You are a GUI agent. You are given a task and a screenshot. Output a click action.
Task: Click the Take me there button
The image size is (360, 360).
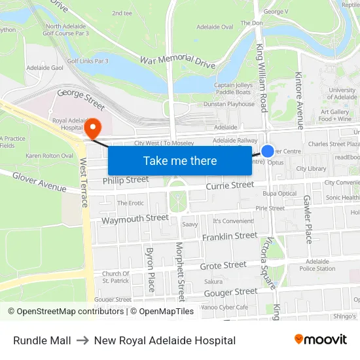[180, 160]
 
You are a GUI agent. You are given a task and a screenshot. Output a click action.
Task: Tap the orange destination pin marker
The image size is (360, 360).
[93, 126]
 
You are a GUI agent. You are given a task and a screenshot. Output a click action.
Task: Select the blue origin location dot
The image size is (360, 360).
[268, 151]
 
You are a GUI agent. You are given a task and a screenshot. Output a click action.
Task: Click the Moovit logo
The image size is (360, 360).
[321, 340]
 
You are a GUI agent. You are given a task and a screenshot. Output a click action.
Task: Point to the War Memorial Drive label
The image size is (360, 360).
[178, 62]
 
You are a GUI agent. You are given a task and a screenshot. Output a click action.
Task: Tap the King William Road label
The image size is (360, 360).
[262, 77]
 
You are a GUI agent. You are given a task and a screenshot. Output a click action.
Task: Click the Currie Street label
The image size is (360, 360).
[230, 186]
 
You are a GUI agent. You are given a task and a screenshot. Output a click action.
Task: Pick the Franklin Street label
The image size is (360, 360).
[230, 236]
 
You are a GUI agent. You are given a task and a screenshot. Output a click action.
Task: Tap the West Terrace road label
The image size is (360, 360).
[84, 183]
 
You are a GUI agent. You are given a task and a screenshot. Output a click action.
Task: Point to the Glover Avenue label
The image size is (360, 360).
[39, 182]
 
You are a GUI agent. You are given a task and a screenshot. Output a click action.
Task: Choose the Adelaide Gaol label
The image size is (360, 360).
[44, 67]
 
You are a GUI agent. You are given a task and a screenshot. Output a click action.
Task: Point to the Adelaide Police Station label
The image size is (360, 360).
[317, 264]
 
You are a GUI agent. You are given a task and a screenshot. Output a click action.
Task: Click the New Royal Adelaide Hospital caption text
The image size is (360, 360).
[165, 340]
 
